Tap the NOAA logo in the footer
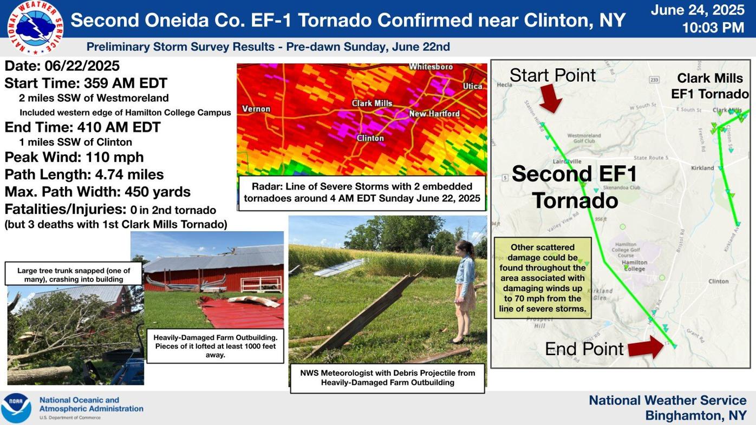click(16, 408)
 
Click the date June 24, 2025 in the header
click(698, 10)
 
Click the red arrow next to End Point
click(646, 348)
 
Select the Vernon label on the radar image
click(256, 109)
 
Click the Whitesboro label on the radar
click(431, 67)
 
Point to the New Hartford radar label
click(434, 114)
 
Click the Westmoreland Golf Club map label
click(584, 138)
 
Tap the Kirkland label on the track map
click(702, 168)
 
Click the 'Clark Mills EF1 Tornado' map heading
click(709, 86)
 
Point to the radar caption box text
click(362, 192)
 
